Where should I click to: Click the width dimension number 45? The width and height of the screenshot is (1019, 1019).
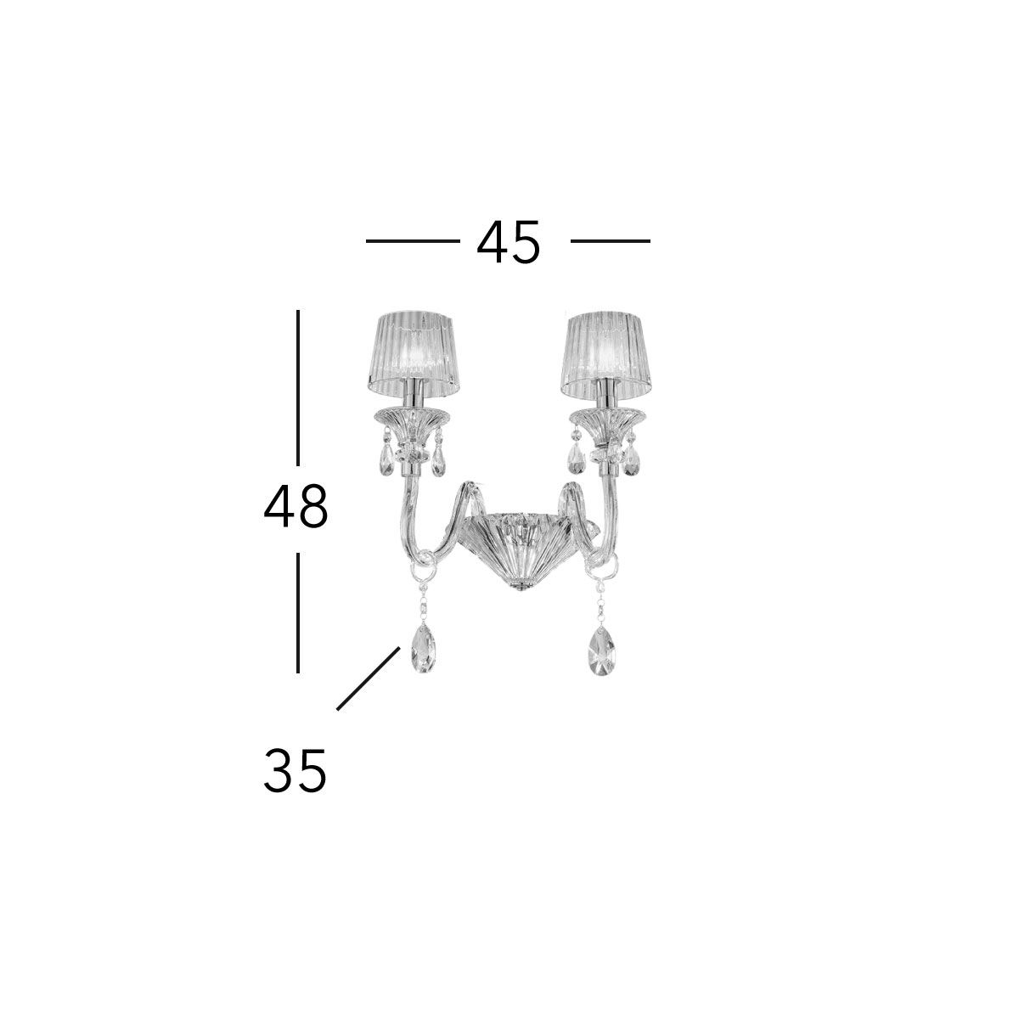tap(508, 242)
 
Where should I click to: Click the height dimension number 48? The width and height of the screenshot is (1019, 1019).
tap(296, 507)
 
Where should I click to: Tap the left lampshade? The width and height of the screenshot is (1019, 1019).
tap(413, 354)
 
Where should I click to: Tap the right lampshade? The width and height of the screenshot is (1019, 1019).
tap(605, 354)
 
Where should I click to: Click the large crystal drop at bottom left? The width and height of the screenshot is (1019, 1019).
tap(423, 650)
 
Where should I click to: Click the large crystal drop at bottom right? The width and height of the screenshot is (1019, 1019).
tap(602, 650)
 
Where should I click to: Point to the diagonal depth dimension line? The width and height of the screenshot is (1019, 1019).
tap(368, 678)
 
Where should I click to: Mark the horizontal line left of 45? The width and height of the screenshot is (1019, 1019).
tap(413, 241)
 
